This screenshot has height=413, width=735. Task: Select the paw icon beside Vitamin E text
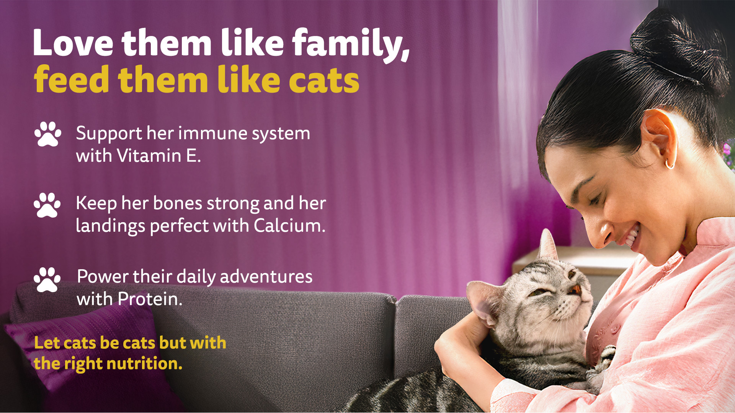click(48, 134)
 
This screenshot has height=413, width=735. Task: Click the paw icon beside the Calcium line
click(47, 205)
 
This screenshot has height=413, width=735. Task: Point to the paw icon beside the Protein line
click(47, 280)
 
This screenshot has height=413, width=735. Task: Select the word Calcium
click(289, 225)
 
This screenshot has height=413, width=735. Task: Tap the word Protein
click(150, 299)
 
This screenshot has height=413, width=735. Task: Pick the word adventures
click(266, 276)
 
